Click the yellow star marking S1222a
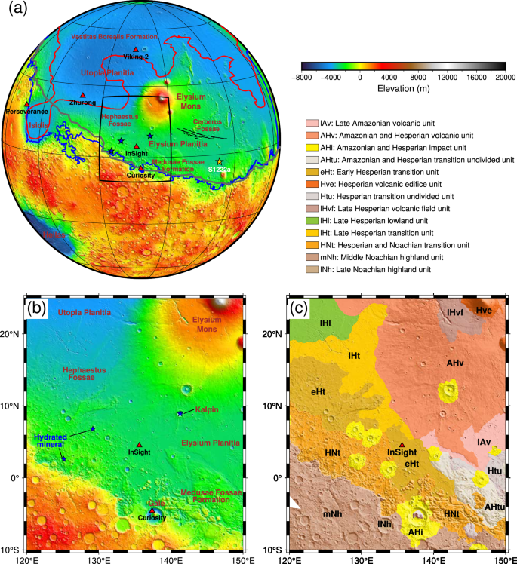coord(220,161)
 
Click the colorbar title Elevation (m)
coord(403,87)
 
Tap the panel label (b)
coord(38,308)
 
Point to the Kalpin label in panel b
coord(207,409)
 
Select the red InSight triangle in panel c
coord(402,445)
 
